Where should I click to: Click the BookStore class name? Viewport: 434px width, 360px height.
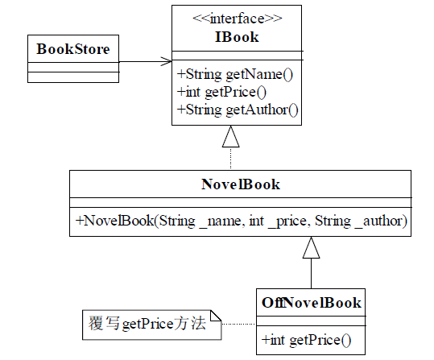click(73, 49)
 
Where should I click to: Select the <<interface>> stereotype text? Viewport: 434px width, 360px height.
click(238, 19)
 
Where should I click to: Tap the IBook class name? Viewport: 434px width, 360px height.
click(237, 37)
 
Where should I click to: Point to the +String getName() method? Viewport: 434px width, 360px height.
click(235, 74)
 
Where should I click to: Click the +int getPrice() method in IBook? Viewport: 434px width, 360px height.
click(221, 93)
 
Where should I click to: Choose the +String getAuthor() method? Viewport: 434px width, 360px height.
click(238, 110)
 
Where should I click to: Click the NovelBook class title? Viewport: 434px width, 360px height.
click(241, 184)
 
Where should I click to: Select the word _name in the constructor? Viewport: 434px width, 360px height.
click(221, 221)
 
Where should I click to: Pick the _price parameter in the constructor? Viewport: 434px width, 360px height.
click(287, 221)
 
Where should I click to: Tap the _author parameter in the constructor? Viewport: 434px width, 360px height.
click(378, 221)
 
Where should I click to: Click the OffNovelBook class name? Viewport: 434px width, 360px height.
click(312, 302)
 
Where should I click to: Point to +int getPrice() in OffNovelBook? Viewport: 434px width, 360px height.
click(307, 340)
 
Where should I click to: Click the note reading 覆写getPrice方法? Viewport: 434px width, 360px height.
click(152, 325)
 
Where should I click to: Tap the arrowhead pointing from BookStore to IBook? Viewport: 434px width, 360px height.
click(166, 61)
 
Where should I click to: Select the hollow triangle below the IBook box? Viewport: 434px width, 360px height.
click(230, 136)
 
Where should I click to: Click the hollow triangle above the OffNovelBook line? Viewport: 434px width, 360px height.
click(311, 247)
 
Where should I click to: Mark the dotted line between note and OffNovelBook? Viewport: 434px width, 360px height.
click(239, 324)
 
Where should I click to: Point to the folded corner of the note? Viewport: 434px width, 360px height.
click(216, 316)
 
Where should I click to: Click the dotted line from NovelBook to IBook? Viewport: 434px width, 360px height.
click(230, 159)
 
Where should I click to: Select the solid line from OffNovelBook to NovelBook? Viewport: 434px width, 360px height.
click(311, 274)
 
